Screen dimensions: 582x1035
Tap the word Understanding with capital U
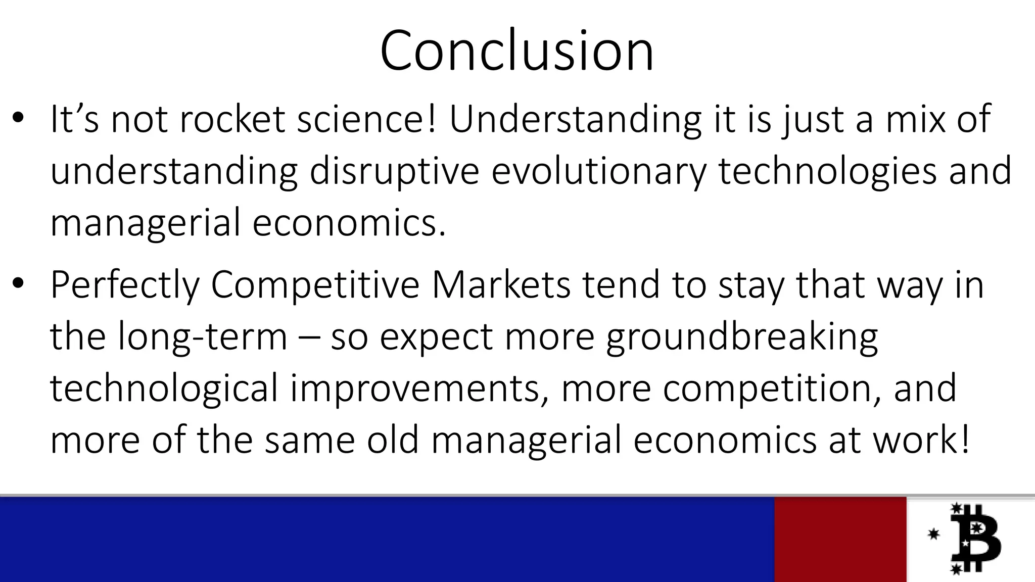575,120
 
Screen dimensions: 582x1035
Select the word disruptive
394,171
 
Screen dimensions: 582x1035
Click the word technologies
827,171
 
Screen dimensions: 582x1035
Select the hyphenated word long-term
203,337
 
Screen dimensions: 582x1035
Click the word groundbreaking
742,337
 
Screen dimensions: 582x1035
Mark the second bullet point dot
19,284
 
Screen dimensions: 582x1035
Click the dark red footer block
840,539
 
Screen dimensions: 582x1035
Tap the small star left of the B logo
933,534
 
